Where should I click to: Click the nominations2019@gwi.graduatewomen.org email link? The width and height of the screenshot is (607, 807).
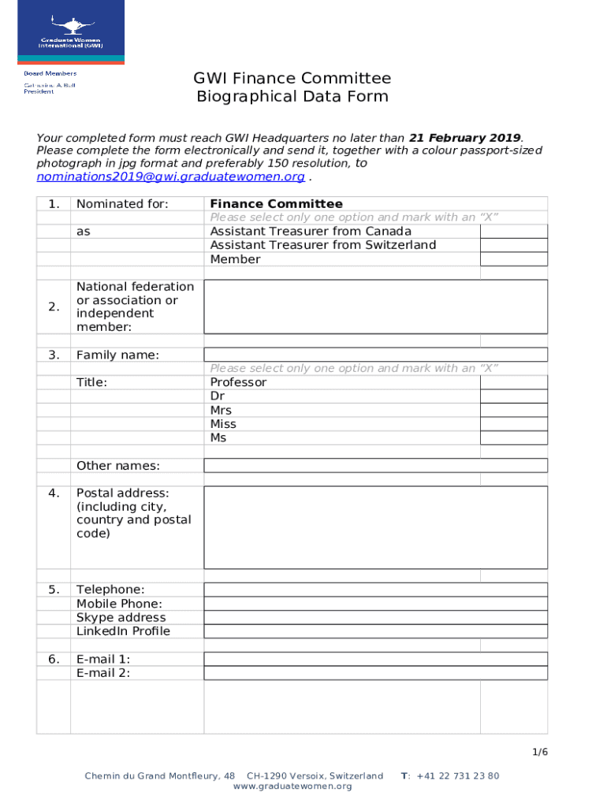tap(171, 177)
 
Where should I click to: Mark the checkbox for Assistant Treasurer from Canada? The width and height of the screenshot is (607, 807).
tap(513, 231)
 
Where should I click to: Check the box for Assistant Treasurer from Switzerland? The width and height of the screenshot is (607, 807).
tap(513, 245)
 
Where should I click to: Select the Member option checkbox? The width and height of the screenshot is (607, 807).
tap(513, 259)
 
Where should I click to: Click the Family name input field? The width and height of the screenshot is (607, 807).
tap(375, 355)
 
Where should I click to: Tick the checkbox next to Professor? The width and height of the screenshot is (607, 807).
tap(513, 382)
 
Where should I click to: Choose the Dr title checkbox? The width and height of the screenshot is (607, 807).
tap(513, 396)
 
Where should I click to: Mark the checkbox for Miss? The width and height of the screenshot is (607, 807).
tap(513, 424)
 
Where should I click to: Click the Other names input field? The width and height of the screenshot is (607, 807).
tap(375, 466)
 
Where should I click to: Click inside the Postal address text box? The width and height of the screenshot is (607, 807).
tap(375, 527)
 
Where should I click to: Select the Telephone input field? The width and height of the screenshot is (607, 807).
tap(375, 589)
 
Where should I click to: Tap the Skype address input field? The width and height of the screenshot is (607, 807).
tap(375, 618)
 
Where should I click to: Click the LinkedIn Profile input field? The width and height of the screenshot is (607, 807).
tap(375, 631)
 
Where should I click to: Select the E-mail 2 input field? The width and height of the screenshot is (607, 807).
tap(375, 673)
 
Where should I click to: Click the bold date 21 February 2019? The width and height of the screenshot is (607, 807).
tap(464, 138)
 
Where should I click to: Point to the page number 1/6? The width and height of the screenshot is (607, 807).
tap(539, 752)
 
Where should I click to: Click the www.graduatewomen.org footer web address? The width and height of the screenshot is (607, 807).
tap(292, 787)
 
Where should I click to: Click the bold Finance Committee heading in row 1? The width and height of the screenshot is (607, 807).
tap(276, 204)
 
